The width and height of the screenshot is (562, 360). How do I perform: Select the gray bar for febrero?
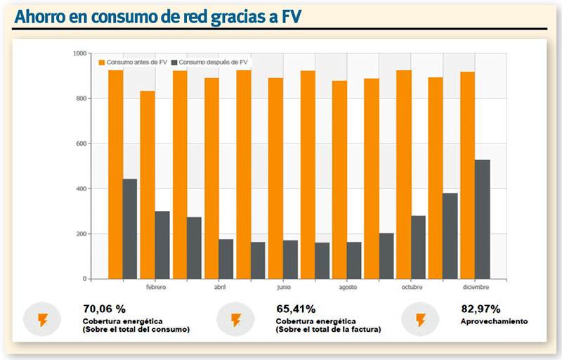[162, 245]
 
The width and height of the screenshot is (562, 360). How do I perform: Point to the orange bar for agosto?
[339, 180]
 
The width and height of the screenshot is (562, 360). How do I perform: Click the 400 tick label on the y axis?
[81, 188]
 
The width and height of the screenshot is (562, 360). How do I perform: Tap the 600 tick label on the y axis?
[81, 143]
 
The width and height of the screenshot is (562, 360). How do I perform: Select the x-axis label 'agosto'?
[348, 287]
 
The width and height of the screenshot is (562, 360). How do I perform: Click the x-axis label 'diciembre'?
[476, 287]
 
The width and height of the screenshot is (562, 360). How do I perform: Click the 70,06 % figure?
[104, 309]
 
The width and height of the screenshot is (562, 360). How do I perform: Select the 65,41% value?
[296, 309]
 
